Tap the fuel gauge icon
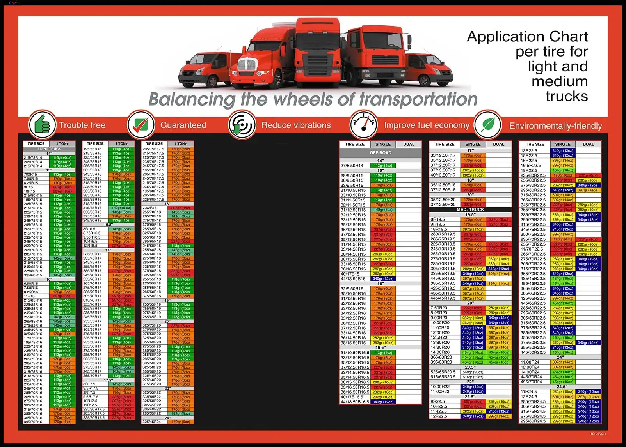tap(363, 125)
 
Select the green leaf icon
tap(488, 125)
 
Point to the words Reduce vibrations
tap(296, 125)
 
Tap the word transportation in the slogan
tap(418, 99)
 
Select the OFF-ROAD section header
tap(380, 153)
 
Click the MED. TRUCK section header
tap(470, 210)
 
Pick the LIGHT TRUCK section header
tap(49, 149)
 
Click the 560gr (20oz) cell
tap(473, 372)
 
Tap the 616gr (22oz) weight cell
tap(473, 377)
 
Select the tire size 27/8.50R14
tap(352, 166)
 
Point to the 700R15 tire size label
tap(30, 175)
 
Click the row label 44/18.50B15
tap(353, 279)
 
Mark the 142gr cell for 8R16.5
tap(121, 229)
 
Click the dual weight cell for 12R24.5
tap(588, 397)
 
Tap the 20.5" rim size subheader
tap(470, 367)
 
